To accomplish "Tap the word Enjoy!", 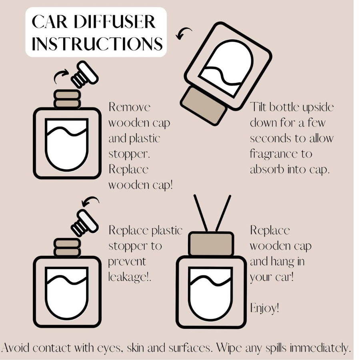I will pos(264,308).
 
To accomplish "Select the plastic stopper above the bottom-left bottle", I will pos(84,222).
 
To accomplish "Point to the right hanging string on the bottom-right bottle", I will pos(223,214).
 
